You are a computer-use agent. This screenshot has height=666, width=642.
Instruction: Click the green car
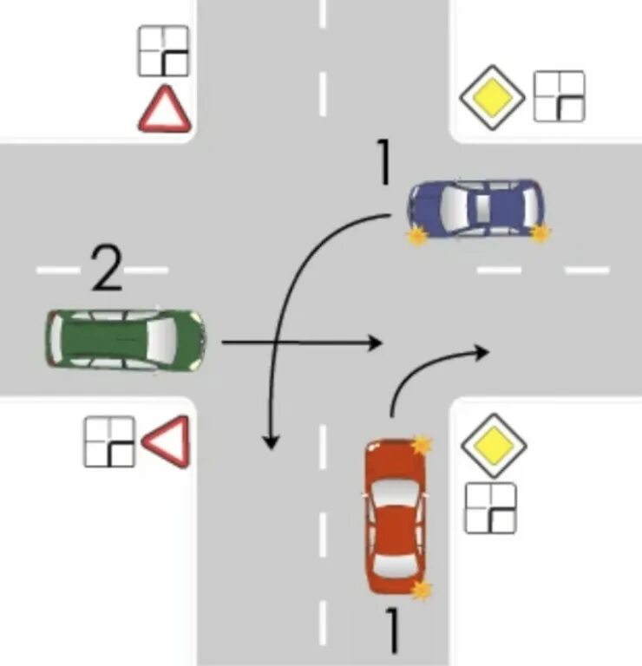click(126, 340)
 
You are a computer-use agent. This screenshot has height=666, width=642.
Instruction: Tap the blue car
click(477, 208)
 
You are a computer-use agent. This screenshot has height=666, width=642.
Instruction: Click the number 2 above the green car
click(107, 271)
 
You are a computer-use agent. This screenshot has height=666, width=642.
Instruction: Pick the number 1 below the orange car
click(392, 630)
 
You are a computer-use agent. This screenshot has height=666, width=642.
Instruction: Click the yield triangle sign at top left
click(164, 108)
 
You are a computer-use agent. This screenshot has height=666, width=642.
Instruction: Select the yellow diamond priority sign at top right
click(492, 96)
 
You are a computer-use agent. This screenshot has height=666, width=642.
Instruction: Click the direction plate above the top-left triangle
click(164, 51)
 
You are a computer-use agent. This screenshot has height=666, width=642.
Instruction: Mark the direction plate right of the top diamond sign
click(559, 96)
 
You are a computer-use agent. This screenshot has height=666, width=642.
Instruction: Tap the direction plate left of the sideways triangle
click(109, 442)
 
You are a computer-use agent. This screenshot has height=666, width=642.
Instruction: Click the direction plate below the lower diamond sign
click(490, 507)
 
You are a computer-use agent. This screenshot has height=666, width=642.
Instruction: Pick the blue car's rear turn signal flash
click(540, 232)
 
